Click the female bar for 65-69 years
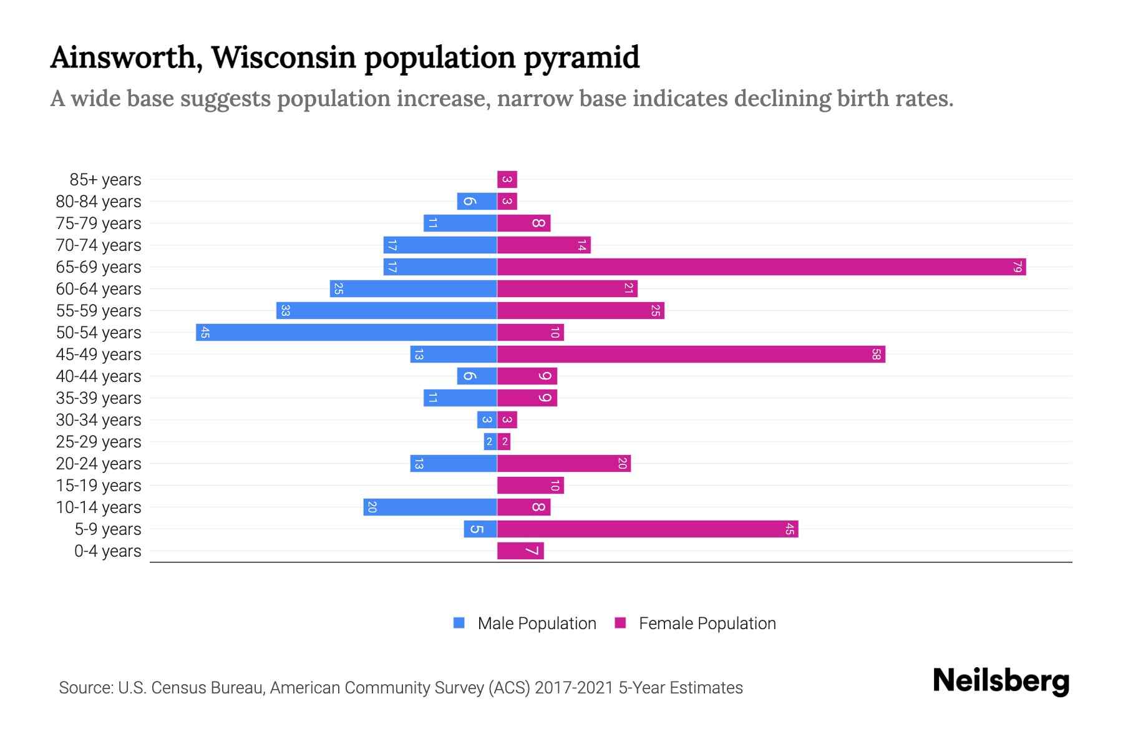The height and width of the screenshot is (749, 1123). [761, 267]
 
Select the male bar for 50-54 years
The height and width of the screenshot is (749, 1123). [346, 333]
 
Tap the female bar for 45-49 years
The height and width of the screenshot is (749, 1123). [691, 355]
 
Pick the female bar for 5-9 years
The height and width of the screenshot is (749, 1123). [648, 529]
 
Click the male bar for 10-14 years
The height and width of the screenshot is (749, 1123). [430, 507]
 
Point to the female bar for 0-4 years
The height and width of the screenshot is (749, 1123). [520, 551]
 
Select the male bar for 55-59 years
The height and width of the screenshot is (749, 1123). [387, 311]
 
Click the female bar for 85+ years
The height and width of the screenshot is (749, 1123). [507, 180]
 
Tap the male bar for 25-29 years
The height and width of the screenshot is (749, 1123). [490, 442]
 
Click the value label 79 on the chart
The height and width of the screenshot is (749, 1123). [1017, 267]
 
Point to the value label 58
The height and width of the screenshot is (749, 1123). [876, 355]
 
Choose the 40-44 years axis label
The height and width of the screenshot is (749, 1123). [99, 376]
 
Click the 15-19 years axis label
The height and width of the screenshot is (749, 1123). [99, 486]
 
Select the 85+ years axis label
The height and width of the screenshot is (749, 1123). [105, 180]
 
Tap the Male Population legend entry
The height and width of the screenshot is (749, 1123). [537, 624]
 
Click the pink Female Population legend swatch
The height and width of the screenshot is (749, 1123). [620, 623]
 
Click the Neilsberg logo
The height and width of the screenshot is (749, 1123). [1001, 681]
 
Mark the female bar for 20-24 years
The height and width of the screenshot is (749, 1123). [564, 464]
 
